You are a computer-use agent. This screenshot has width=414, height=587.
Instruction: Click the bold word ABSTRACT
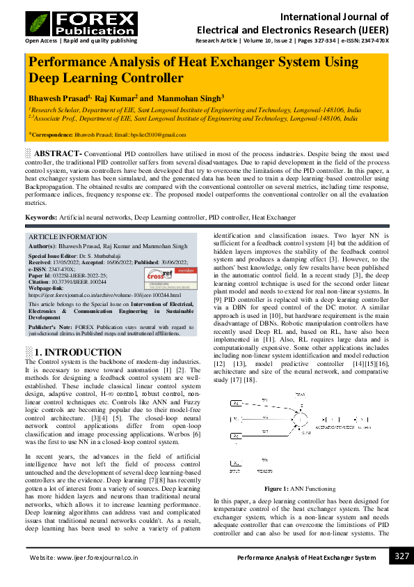point(58,153)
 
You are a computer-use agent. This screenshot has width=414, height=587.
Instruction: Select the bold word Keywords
point(41,218)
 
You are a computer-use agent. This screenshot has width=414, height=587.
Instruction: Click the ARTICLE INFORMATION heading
point(63,237)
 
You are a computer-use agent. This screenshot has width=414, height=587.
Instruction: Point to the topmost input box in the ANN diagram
point(237,403)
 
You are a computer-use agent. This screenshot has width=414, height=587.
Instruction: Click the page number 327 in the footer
point(401,556)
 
